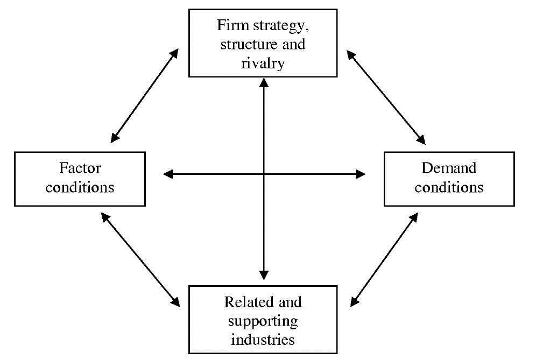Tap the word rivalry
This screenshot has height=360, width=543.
coord(263,64)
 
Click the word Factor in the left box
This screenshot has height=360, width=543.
coord(80,168)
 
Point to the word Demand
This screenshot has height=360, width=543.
coord(449,168)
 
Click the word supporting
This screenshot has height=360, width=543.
coord(263,322)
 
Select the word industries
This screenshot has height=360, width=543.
coord(263,339)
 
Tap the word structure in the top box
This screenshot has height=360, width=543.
coord(248,45)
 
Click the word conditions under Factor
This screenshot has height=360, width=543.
coord(80,187)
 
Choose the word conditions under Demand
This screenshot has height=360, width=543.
coord(449,187)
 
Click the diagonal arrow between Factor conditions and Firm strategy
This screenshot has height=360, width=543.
coord(144,96)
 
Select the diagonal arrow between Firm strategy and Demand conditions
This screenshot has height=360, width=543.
coord(386,97)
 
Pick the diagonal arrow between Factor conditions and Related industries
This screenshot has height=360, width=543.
coord(140,259)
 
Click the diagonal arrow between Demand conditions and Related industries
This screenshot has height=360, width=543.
coord(384,259)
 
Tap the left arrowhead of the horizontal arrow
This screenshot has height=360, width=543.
coord(167,174)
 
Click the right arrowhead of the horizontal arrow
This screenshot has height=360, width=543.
coord(361,174)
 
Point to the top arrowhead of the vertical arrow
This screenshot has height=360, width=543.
coord(264,82)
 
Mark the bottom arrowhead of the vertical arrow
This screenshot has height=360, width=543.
coord(264,275)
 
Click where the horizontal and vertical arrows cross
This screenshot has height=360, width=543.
coord(264,174)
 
